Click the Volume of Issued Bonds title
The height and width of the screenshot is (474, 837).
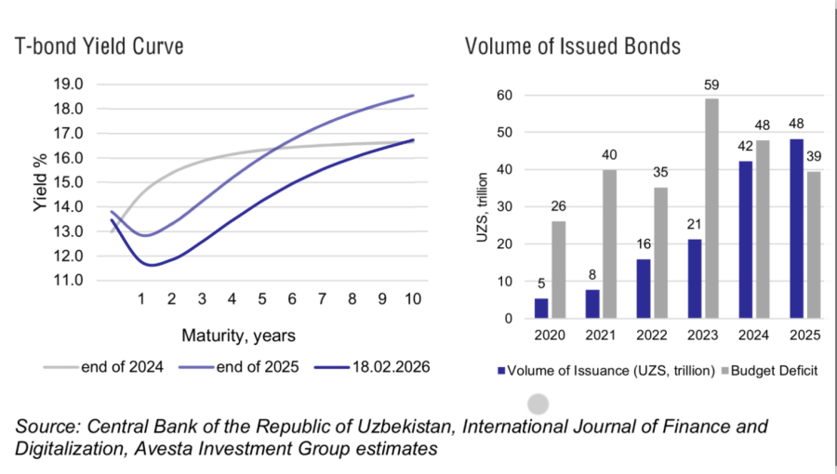click(x=561, y=46)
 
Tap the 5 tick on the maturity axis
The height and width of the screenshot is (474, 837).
click(x=261, y=299)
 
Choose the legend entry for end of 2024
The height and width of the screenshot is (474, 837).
click(x=103, y=367)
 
